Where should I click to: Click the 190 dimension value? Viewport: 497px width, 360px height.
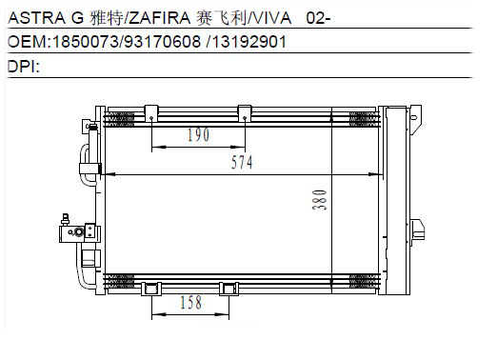click(x=198, y=135)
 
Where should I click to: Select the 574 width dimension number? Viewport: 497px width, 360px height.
click(x=242, y=163)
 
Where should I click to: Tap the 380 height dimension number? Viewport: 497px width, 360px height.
click(x=320, y=199)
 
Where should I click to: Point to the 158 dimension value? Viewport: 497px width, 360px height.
click(x=190, y=303)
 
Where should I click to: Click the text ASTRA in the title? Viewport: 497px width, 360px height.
click(x=36, y=18)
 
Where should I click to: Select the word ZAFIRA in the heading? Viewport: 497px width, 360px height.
click(x=160, y=18)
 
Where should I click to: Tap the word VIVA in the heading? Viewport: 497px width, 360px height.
click(x=272, y=18)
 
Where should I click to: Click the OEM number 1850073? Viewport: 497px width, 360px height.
click(x=85, y=42)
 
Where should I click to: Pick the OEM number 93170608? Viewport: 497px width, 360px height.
click(x=163, y=42)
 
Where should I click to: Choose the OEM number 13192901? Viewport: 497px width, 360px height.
click(x=249, y=42)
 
